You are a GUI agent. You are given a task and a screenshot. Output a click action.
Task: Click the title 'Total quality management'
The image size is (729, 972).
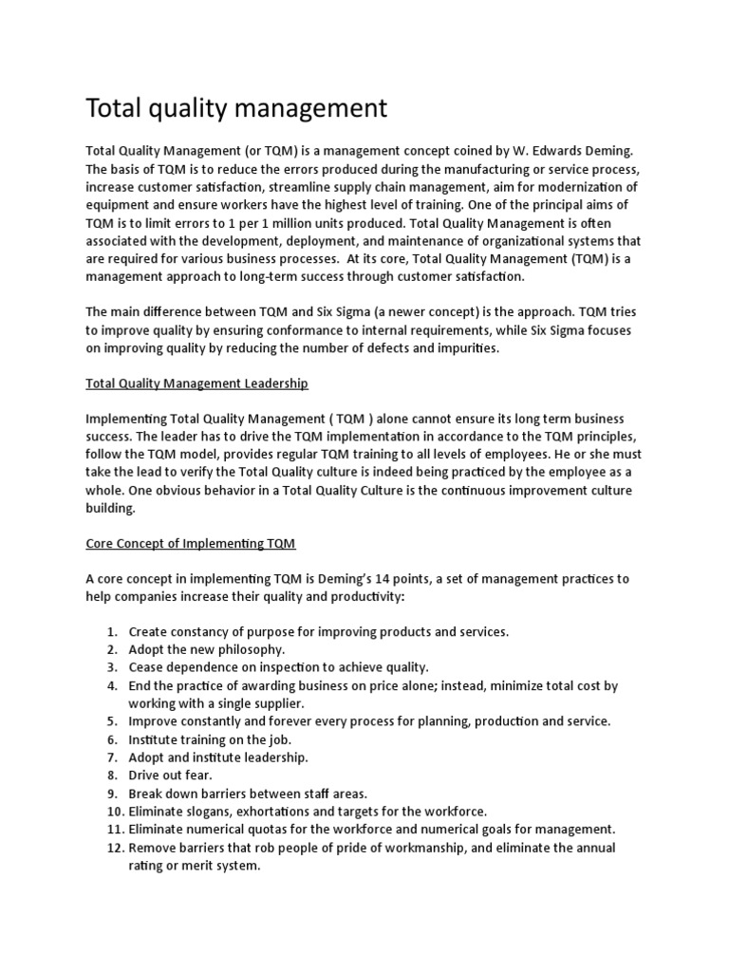(236, 108)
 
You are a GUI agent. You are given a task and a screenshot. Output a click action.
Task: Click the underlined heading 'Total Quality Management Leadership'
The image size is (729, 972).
(196, 383)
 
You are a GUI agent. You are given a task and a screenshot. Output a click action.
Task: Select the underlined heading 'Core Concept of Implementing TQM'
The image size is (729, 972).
(191, 543)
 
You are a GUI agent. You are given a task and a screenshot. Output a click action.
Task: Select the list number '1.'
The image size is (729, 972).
(111, 631)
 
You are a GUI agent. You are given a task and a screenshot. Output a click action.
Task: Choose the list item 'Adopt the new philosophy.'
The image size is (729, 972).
(206, 649)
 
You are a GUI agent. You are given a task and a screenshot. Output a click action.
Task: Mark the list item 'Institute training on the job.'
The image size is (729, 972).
(210, 739)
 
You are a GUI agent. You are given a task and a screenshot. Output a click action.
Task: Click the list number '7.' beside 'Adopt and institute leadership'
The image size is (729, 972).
(111, 757)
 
